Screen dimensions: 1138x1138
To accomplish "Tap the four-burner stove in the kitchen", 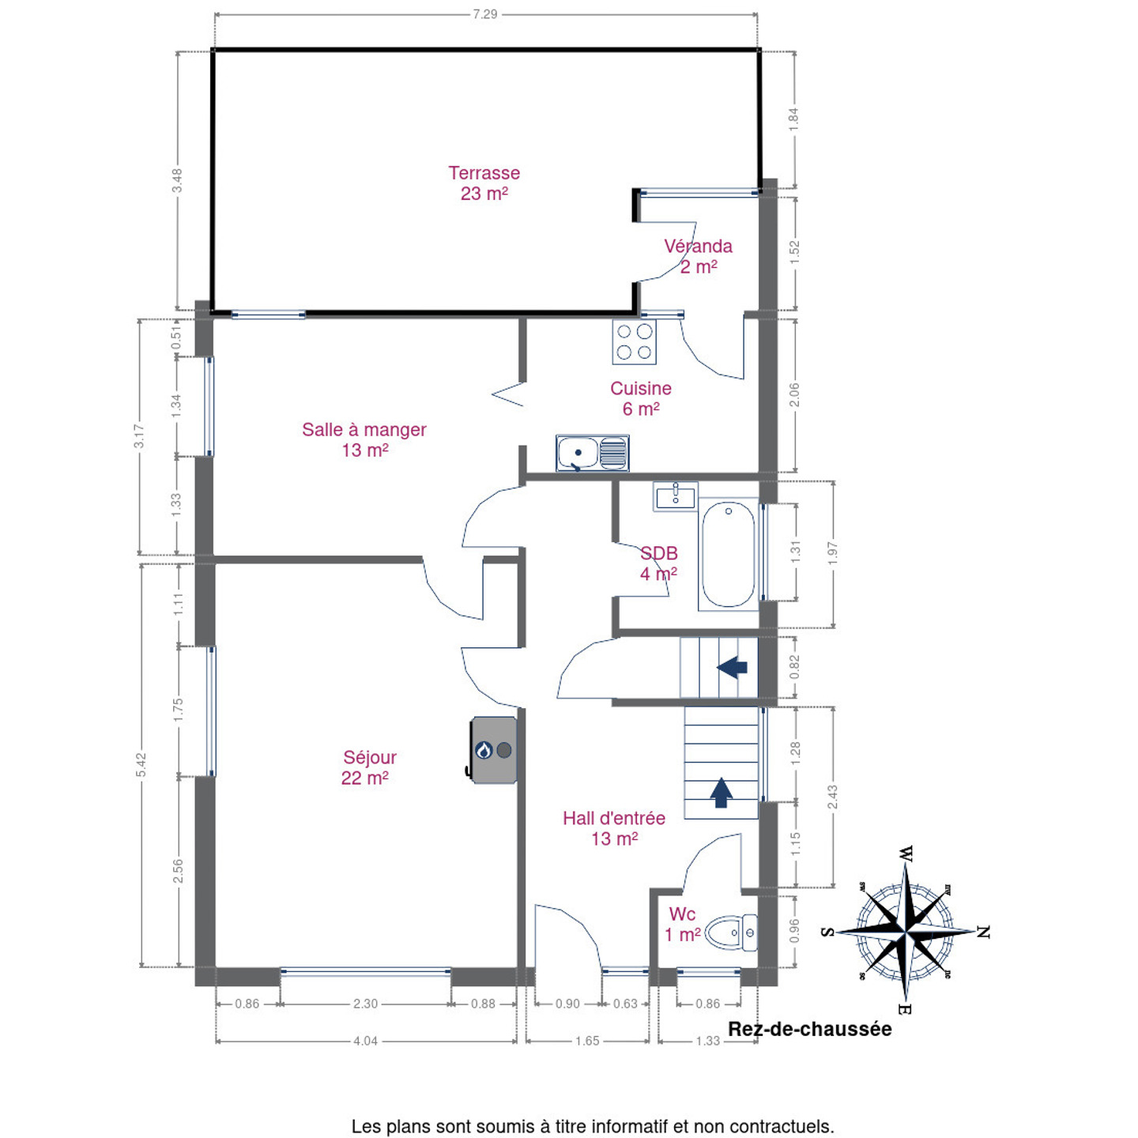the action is point(634,341).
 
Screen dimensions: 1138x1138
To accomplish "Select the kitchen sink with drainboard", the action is point(592,453).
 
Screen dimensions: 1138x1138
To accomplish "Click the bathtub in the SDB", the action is point(728,554).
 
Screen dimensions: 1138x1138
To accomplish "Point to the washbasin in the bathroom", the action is point(675,496).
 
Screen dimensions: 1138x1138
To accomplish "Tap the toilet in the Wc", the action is point(731,933).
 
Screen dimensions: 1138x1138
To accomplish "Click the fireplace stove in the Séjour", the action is point(492,750).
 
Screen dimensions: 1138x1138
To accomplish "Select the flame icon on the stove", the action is point(484,750).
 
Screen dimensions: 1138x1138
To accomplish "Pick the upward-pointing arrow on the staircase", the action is point(721,793).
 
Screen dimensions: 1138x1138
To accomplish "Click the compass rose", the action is point(906,932).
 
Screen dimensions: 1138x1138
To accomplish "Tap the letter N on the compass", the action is point(982,933).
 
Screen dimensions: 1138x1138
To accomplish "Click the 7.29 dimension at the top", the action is point(485,14).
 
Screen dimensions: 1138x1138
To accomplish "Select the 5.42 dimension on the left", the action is point(141,765).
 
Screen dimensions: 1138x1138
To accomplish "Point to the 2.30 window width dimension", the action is point(365,1004).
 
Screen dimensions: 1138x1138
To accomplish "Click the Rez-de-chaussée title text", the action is point(809,1030).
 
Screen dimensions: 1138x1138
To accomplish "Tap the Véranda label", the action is point(698,247).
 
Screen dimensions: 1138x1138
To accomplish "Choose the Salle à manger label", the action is point(364,430).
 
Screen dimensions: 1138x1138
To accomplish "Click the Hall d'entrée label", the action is point(613,818).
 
